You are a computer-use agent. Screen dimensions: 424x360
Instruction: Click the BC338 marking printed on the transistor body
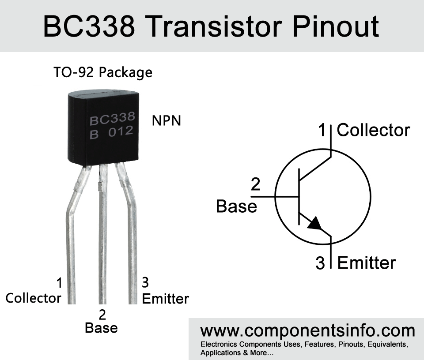[112, 118]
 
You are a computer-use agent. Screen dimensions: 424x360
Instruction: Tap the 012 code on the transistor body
[121, 131]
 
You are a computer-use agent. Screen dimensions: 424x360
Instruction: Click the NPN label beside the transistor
[167, 120]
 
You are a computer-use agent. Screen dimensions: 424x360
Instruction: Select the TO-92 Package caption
[103, 72]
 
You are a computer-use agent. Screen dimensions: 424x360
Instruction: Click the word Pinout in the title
[336, 26]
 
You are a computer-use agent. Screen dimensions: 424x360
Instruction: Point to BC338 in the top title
[89, 26]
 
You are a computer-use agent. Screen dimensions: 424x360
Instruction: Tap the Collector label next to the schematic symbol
[374, 130]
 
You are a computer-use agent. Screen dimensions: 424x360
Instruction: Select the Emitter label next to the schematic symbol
[367, 262]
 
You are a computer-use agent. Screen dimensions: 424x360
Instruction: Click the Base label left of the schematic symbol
[237, 206]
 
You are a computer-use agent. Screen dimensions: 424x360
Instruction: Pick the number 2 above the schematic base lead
[256, 184]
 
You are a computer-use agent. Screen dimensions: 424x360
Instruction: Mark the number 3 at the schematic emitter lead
[320, 263]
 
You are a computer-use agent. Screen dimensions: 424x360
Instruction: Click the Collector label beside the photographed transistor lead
[33, 298]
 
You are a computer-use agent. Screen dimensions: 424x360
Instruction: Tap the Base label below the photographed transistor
[102, 328]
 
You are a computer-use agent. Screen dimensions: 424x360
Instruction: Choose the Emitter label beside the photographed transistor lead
[166, 299]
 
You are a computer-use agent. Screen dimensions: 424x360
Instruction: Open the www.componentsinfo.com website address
[308, 330]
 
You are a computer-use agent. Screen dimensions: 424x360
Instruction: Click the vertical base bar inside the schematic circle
[299, 197]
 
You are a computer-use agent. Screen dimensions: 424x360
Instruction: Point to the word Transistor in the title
[214, 26]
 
